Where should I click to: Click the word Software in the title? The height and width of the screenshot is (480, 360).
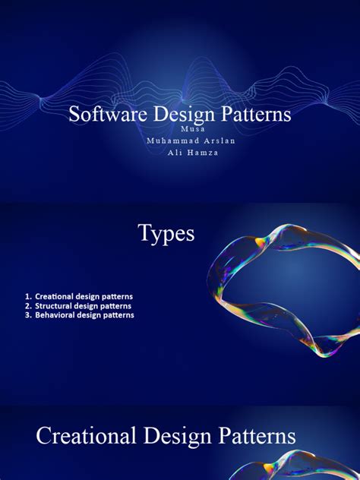click(x=101, y=115)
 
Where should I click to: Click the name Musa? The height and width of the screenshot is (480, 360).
click(x=179, y=129)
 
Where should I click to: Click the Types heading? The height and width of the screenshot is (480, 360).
click(x=166, y=234)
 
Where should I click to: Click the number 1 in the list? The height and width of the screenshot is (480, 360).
click(x=27, y=295)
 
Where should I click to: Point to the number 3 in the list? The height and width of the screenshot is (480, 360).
click(x=27, y=314)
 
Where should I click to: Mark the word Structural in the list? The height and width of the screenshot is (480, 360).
click(x=55, y=305)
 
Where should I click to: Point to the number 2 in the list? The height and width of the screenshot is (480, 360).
click(x=27, y=305)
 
